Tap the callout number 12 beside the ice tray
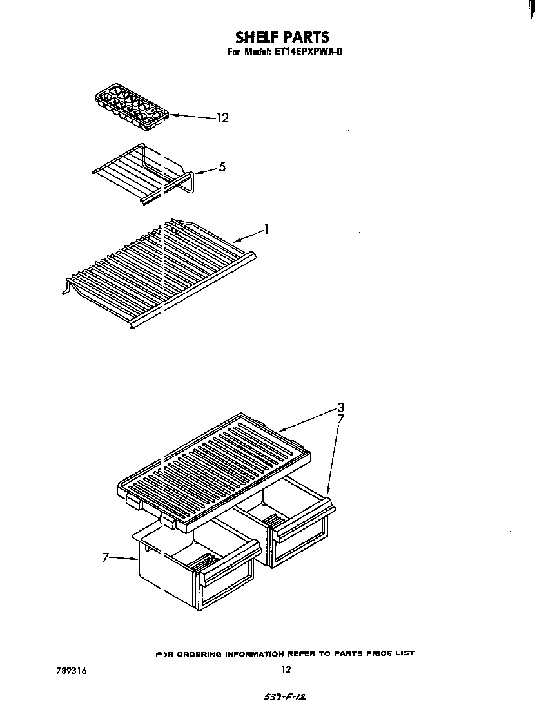click(222, 118)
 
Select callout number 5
click(222, 167)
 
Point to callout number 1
click(266, 228)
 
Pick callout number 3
click(340, 407)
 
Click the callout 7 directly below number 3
click(341, 419)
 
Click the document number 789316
click(71, 670)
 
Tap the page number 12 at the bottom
click(286, 669)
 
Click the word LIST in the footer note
click(404, 653)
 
